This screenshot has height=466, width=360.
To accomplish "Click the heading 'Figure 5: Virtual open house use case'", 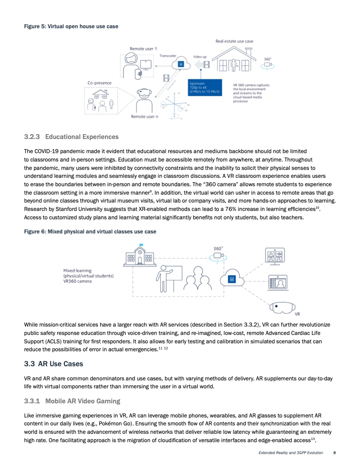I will [71, 26].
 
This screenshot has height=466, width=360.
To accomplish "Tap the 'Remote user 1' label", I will [143, 48].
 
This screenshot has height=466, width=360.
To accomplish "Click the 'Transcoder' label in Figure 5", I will [168, 56].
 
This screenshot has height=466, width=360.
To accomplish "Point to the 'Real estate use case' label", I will [234, 41].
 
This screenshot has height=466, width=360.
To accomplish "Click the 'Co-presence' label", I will [99, 83].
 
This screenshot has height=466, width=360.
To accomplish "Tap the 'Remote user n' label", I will [145, 116].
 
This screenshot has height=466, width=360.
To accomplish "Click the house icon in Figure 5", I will [234, 59].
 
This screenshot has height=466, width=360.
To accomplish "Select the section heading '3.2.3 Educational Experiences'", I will [71, 136].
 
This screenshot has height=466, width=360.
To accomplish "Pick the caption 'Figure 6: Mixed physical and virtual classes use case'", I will [90, 231].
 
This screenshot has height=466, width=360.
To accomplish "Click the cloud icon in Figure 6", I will [230, 278].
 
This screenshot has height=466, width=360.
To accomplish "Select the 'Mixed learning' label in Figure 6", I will [78, 270].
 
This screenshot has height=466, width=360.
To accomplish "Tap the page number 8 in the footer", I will [335, 453].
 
